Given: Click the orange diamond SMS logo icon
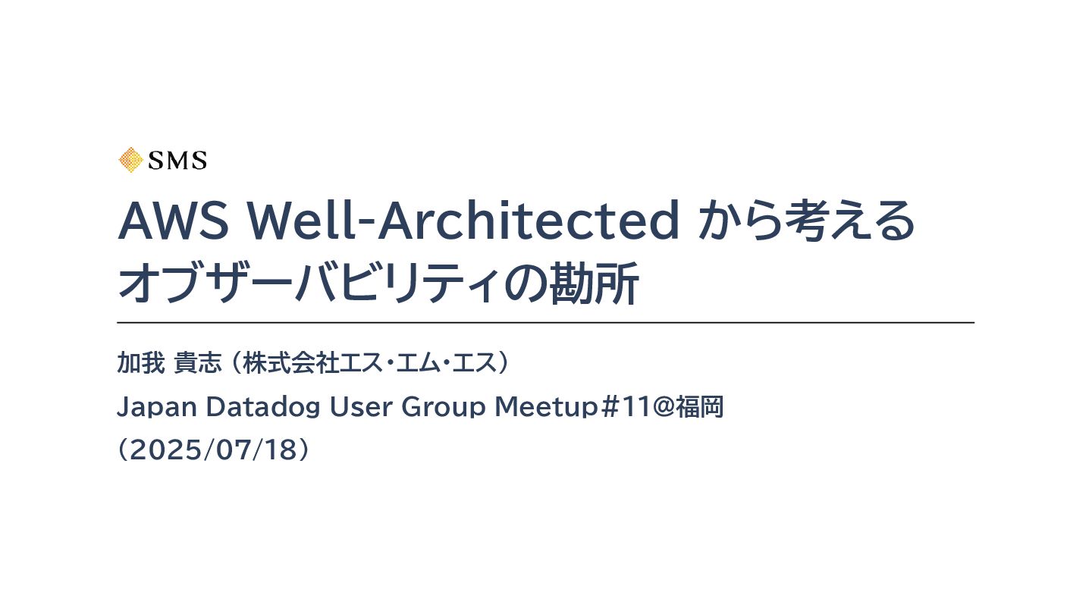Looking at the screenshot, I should point(130,160).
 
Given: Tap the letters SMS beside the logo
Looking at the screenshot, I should point(177,161).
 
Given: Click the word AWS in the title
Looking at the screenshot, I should point(174,221).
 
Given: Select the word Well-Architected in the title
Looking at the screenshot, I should point(463,221).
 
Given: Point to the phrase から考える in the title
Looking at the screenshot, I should point(806,221).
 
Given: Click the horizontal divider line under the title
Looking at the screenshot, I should point(545,323).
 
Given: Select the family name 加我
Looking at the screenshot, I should point(140,364).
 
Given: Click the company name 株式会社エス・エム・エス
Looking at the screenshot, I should point(369,364).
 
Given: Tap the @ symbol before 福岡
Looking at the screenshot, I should point(664,408).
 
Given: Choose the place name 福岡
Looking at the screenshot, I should point(701,408).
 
